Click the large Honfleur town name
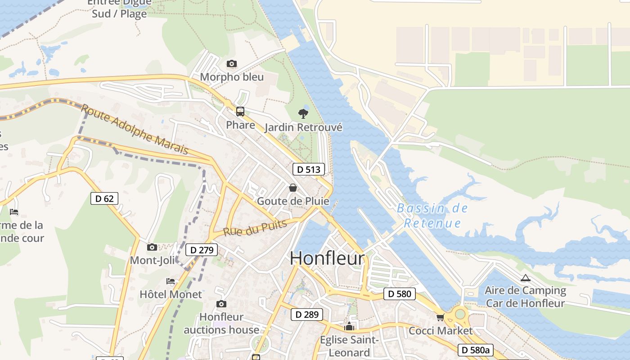tap(327, 258)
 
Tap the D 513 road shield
tap(309, 169)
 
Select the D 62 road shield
tap(104, 198)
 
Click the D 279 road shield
tap(202, 250)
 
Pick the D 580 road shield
tap(400, 294)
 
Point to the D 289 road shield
tap(307, 314)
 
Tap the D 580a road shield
tap(476, 350)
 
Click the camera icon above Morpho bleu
tap(232, 64)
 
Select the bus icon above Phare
tap(240, 112)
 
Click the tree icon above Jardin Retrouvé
tap(303, 113)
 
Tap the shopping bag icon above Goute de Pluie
tap(293, 187)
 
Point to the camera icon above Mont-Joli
tap(152, 247)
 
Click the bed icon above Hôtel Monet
tap(171, 281)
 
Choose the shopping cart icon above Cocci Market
tap(440, 318)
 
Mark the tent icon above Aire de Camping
tap(525, 277)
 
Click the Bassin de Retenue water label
tap(432, 216)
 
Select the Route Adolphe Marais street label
tap(135, 129)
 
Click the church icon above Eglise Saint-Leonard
tap(349, 326)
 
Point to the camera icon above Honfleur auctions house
tap(221, 304)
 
